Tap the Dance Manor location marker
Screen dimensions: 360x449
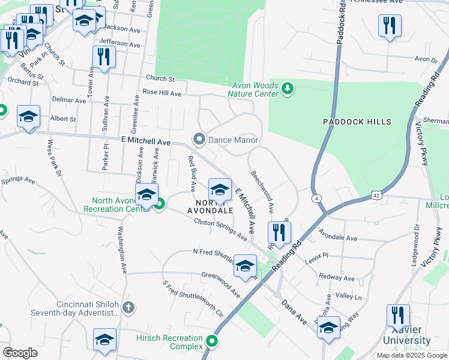[199, 140]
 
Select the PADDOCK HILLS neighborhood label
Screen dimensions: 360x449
[357, 122]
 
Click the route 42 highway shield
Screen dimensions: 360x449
[375, 194]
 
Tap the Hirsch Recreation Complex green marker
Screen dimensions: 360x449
[211, 342]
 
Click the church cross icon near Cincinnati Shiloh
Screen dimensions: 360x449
[127, 308]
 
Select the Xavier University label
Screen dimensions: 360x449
[411, 335]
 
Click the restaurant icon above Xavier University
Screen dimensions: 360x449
[398, 314]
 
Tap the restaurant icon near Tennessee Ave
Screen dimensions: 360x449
[390, 25]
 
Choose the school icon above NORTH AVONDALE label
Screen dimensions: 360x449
[220, 190]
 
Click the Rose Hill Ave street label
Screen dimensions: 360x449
[161, 93]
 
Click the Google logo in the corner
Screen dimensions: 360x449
[20, 352]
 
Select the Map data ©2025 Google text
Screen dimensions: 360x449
[411, 355]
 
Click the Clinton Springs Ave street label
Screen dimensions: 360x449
[220, 229]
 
